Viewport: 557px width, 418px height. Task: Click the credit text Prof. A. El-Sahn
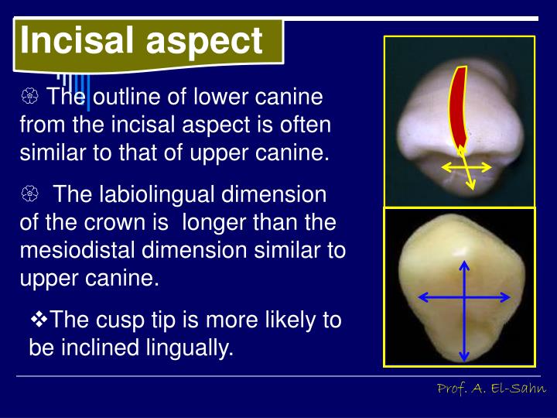(491, 388)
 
